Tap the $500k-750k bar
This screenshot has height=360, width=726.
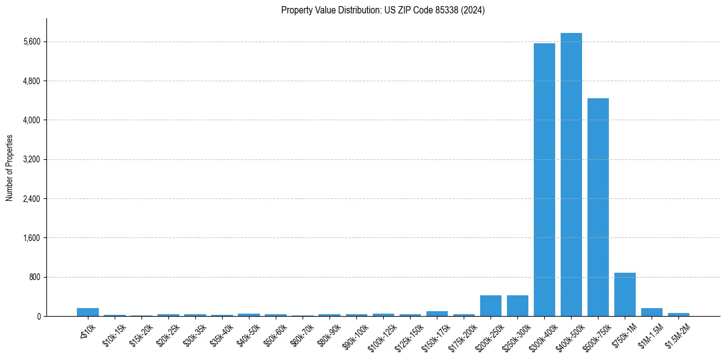coord(598,207)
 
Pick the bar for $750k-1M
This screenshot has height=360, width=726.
coord(625,295)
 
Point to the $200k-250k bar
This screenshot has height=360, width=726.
coord(491,306)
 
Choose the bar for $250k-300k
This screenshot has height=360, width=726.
coord(517,306)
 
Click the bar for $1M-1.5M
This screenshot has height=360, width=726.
coord(652,312)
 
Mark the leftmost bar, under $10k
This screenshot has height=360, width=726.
coord(88,312)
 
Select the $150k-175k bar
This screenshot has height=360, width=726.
coord(437,314)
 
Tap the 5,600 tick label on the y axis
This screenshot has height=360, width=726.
coord(31,42)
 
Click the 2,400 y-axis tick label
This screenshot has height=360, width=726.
coord(31,199)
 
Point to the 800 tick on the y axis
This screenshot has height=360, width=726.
coord(34,277)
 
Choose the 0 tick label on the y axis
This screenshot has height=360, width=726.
coord(38,316)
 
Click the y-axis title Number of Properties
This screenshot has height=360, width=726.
coord(9,167)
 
